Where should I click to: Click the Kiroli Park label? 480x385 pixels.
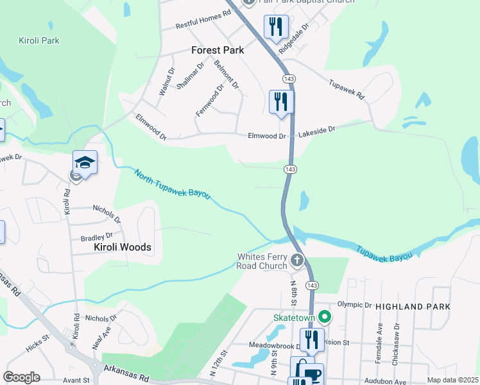pos(39,40)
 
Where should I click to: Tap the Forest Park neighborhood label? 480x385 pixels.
pos(215,50)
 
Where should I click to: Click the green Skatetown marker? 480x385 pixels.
pos(325,316)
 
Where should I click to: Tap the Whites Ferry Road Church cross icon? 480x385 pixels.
pos(296,261)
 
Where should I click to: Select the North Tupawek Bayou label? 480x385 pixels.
pos(172,184)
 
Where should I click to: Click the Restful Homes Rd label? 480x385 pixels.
pos(203,24)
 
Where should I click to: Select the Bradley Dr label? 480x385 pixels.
pos(96,237)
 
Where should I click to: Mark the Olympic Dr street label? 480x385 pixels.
pos(355,305)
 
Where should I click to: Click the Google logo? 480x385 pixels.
pos(21,377)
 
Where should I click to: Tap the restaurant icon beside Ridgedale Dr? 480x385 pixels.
pos(275,28)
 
